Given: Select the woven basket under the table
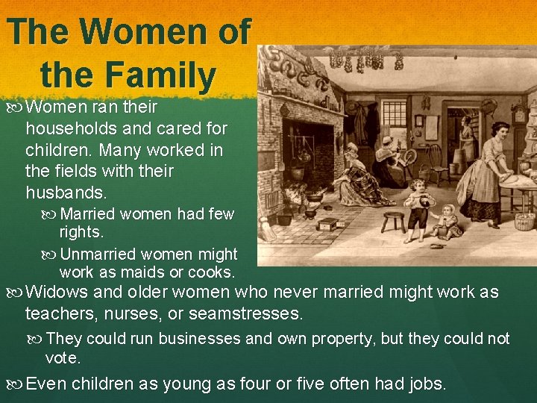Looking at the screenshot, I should pos(524,222).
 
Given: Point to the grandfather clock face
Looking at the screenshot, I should pos(519,113).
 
